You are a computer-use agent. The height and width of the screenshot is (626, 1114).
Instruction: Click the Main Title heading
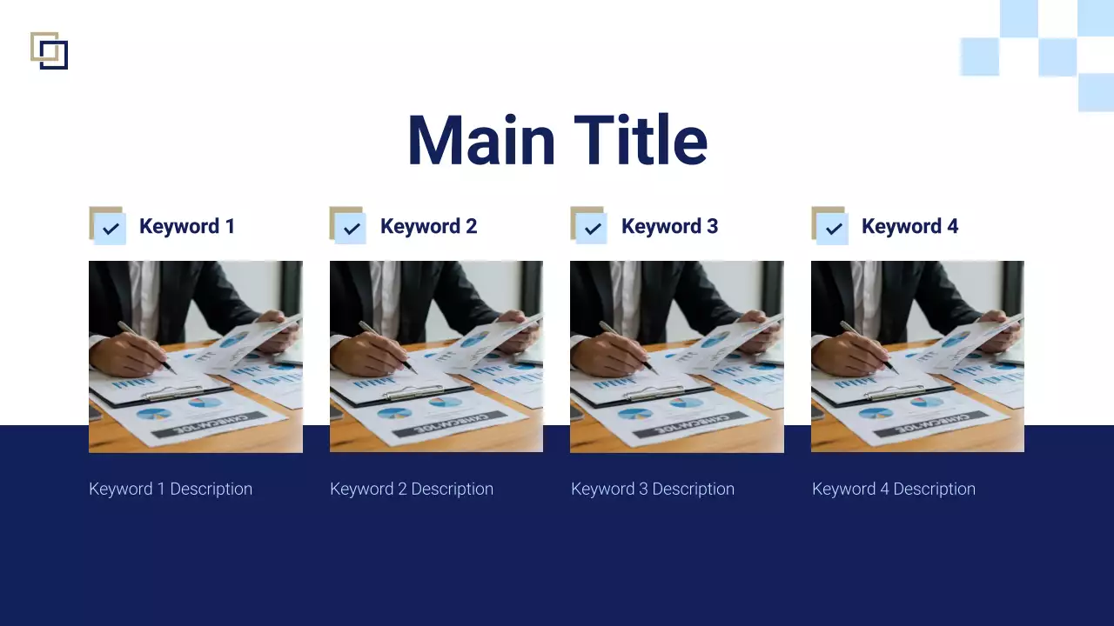(x=557, y=140)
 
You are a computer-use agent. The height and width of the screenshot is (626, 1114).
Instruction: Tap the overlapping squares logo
(x=49, y=50)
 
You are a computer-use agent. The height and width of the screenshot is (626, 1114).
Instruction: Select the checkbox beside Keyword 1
(x=110, y=229)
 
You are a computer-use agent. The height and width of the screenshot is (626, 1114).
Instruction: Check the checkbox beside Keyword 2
(x=351, y=229)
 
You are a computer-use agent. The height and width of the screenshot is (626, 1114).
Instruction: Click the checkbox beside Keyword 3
(x=592, y=229)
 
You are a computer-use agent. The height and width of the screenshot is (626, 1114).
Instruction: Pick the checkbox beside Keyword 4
(x=833, y=229)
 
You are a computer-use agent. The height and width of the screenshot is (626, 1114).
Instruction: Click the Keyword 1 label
(x=187, y=226)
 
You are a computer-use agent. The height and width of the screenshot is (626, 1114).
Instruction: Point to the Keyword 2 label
(x=428, y=226)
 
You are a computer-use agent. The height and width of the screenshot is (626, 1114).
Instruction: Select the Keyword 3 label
(x=669, y=226)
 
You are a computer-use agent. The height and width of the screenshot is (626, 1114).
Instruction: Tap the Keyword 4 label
(x=909, y=226)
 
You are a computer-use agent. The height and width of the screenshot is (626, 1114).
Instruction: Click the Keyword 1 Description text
(x=171, y=489)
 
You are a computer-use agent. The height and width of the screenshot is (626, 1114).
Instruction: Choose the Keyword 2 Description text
(x=412, y=489)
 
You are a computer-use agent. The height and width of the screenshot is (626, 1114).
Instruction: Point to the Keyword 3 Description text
(x=653, y=489)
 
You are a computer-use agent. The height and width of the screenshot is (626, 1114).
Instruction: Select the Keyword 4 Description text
(x=894, y=489)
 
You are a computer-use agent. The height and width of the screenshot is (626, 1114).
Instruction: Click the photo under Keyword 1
(x=196, y=356)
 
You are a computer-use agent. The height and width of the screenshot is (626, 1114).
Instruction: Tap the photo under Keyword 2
(x=436, y=356)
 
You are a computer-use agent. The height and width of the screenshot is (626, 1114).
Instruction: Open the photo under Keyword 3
(x=677, y=356)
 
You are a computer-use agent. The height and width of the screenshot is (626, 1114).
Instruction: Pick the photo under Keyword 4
(x=917, y=356)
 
